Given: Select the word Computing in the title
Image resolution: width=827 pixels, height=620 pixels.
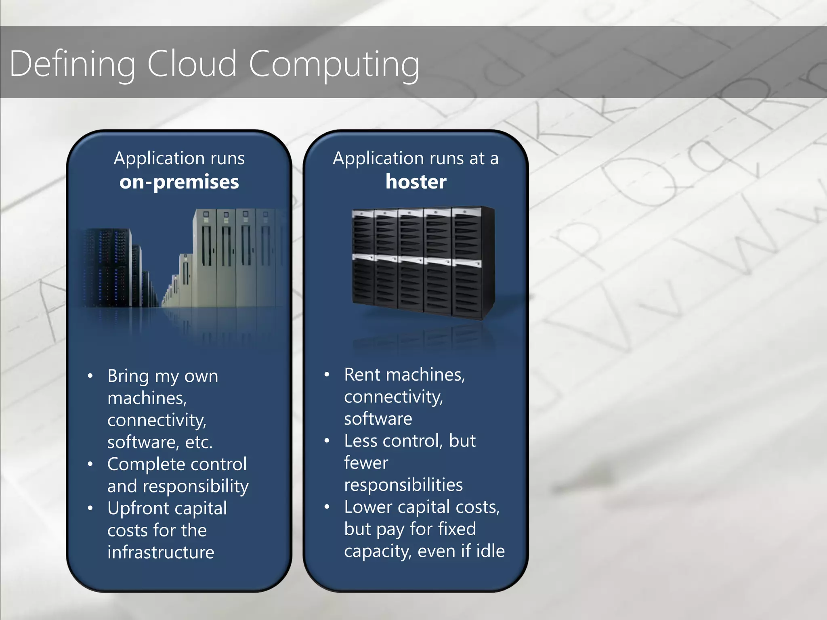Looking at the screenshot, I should point(334,64).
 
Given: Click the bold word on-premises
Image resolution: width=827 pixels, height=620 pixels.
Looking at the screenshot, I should point(179,182).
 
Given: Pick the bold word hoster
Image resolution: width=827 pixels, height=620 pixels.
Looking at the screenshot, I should point(416,182).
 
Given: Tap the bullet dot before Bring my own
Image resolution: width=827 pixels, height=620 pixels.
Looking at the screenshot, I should point(90,376).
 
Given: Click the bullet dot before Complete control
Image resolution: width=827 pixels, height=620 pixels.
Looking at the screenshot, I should point(90,464).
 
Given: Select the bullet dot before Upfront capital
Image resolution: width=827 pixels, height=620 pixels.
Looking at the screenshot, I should point(90,508).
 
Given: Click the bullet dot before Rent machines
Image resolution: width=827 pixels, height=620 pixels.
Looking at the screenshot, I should point(327,375).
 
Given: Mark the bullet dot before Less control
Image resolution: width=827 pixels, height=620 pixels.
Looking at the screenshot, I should point(327,441).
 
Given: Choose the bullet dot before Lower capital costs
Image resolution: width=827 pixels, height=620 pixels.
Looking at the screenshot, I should point(327,507).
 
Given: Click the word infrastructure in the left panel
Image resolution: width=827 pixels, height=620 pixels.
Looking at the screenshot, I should point(161,552).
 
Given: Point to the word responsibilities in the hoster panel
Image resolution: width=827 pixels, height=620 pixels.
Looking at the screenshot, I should point(403,485).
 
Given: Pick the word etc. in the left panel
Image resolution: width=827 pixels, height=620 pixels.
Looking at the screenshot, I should point(199,442).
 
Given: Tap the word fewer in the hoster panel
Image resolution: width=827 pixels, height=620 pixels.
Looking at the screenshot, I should point(366,463).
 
